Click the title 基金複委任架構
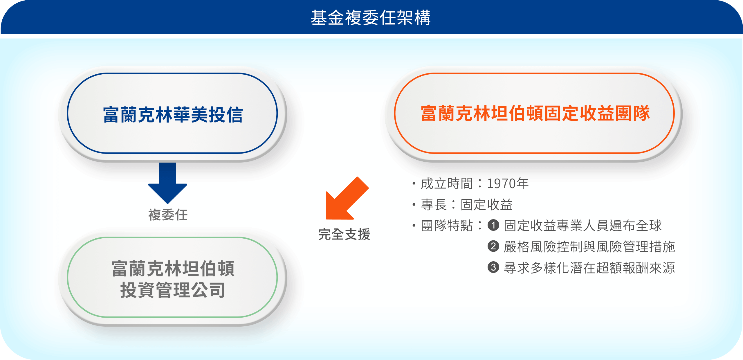point(371,17)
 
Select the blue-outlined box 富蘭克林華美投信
point(172,113)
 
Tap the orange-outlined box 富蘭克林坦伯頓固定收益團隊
point(534,113)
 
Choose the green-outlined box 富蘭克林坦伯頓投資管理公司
point(172,277)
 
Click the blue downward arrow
point(167,183)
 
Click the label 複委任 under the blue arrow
point(168,215)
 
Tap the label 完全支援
point(344,234)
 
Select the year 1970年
point(508,183)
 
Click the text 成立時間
point(447,183)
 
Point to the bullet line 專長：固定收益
point(463,205)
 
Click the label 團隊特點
point(447,226)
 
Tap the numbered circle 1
point(493,225)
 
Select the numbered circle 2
point(493,246)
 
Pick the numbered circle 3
point(493,267)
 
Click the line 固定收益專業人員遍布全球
point(583,226)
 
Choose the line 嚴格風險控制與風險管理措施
point(589,247)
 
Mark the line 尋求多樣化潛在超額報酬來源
point(589,268)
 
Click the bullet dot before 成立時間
point(414,183)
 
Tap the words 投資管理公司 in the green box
point(173,290)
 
